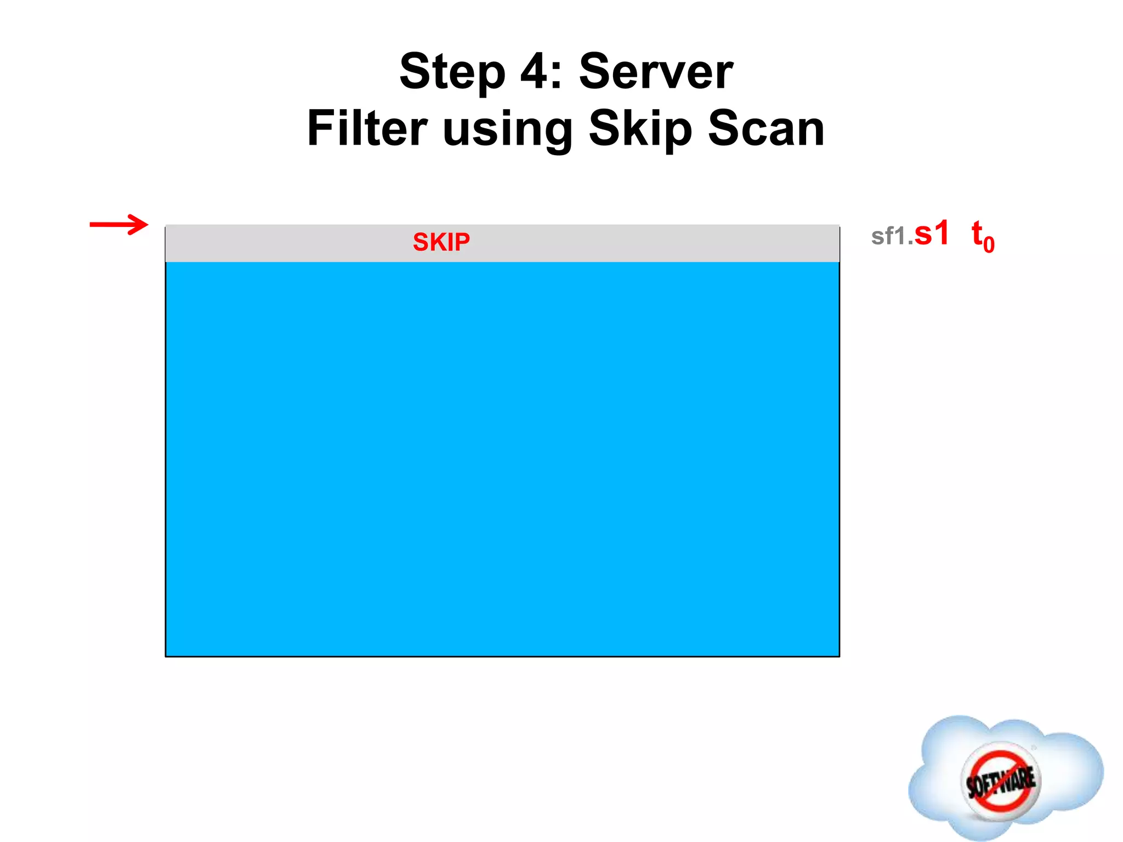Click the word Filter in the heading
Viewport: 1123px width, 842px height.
coord(367,128)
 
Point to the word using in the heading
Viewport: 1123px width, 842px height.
coord(507,130)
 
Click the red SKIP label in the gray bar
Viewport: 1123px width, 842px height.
coord(441,242)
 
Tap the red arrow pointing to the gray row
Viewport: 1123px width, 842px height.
coord(118,224)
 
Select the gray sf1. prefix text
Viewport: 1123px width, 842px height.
coord(892,237)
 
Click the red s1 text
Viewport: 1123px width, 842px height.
coord(932,234)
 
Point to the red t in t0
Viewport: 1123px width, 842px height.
coord(977,233)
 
